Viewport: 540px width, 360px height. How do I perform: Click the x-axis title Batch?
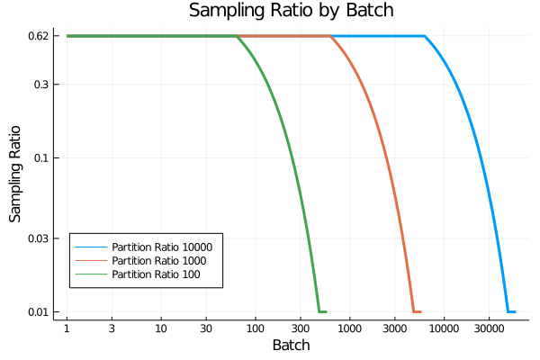(x=291, y=346)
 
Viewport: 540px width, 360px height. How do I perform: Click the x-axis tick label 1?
(x=67, y=329)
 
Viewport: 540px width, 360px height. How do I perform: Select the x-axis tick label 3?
(x=112, y=329)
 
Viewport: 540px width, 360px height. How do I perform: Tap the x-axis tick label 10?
(x=161, y=329)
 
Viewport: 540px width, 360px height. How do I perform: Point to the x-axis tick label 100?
(x=256, y=329)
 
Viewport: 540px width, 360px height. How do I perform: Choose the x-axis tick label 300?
(x=301, y=329)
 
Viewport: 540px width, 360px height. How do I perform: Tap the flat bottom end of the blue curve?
(x=511, y=311)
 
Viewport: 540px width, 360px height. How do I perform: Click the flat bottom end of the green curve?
(x=322, y=311)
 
